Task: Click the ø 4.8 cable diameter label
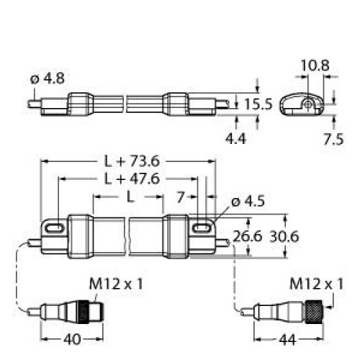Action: coord(48,78)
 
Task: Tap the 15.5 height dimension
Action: coord(258,104)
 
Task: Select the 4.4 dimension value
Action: coord(235,138)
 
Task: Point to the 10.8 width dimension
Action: coord(315,65)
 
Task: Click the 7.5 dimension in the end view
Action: coord(333,140)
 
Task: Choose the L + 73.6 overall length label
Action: coord(132,161)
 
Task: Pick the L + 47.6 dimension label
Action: coord(132,179)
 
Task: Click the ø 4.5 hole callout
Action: coord(248,202)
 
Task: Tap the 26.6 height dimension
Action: coord(248,237)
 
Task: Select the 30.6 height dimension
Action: coord(284,237)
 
